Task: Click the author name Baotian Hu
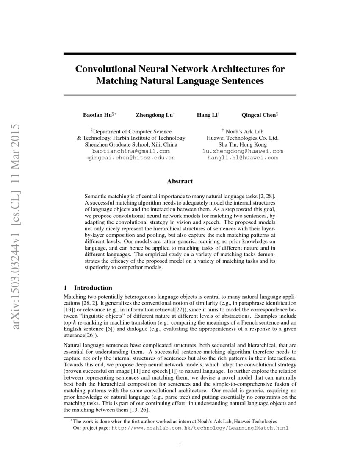97,115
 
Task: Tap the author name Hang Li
206,115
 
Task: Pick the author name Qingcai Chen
258,115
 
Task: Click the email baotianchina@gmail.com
130,151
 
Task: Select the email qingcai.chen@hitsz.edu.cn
130,158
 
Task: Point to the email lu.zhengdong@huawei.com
243,151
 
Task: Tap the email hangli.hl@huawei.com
243,158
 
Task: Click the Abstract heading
180,181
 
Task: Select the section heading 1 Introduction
87,288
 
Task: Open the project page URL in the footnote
199,428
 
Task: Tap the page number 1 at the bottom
180,445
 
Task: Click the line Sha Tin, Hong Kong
243,144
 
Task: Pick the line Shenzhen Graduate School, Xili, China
131,144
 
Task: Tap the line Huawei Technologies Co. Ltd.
243,138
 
